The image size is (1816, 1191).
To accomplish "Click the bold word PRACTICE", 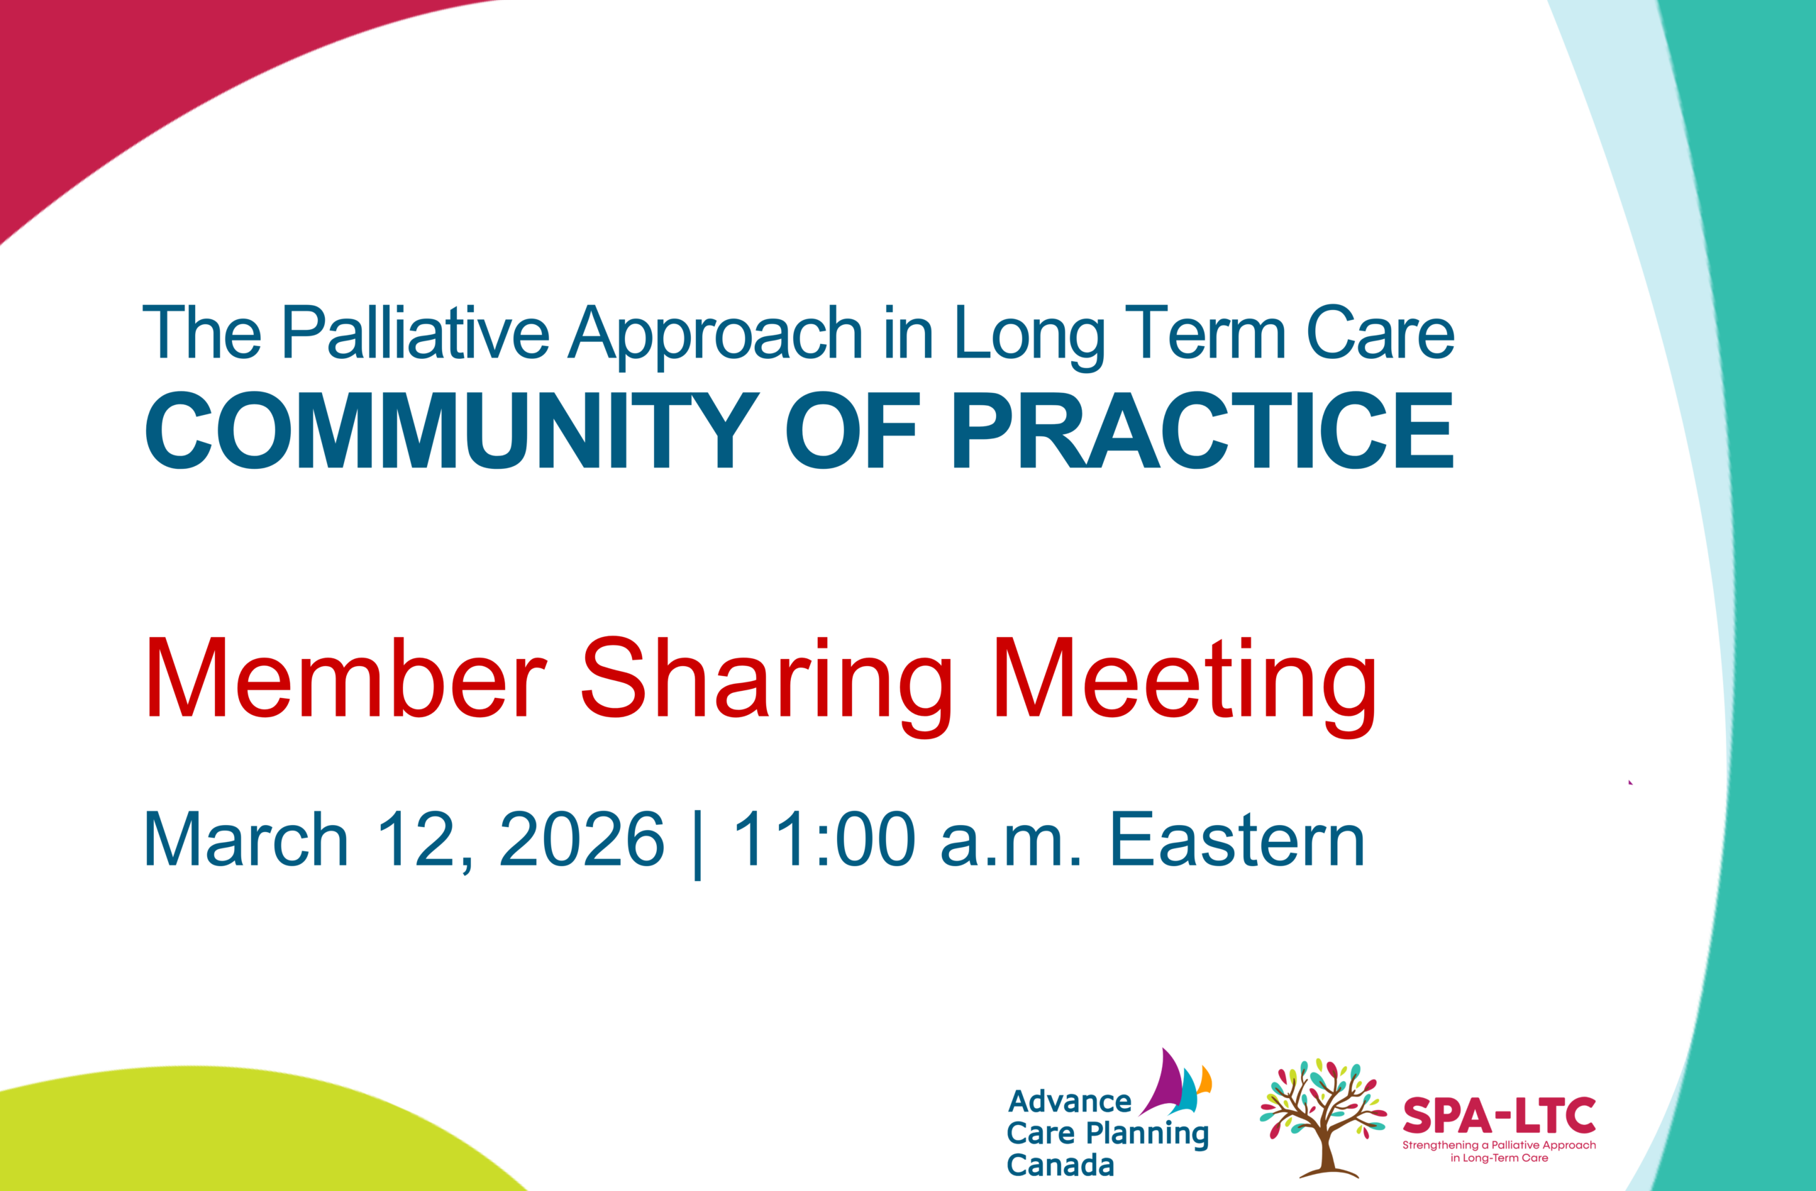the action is [1202, 431].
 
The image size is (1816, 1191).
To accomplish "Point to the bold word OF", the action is [851, 431].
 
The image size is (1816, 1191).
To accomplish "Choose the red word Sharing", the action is [766, 687].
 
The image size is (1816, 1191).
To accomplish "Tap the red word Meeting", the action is [1185, 687].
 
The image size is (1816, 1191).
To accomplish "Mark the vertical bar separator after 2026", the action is [697, 845].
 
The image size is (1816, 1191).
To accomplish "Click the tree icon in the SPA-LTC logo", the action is [1323, 1118].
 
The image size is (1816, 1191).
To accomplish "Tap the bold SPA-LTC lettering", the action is [1500, 1117].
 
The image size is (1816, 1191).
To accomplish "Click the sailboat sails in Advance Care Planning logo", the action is [1175, 1082].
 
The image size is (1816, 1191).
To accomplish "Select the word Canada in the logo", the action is [1061, 1165].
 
